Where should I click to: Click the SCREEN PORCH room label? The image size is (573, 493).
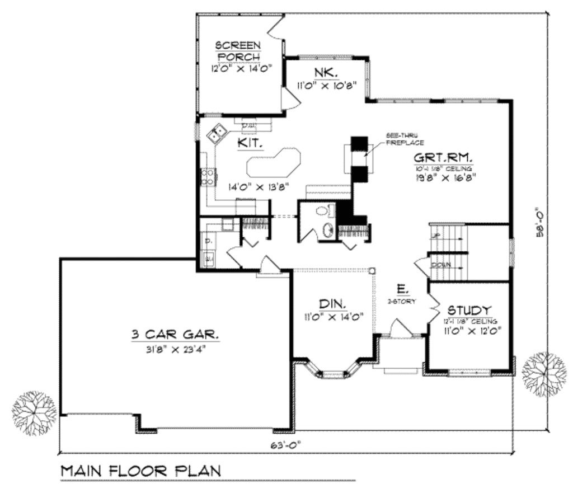point(238,50)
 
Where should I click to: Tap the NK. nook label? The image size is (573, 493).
point(325,73)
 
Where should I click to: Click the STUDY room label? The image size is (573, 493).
point(469,310)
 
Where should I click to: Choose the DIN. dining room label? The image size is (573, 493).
point(332,304)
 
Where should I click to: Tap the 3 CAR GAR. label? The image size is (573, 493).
point(175,335)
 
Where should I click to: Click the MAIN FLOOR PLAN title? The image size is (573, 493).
point(140,471)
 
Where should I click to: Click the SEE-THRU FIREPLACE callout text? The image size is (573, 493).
point(405,140)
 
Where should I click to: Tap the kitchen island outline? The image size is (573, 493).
point(274,163)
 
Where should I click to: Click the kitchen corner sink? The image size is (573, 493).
point(217,133)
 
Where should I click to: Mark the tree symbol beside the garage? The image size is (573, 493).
point(34,414)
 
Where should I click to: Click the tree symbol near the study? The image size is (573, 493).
point(544,374)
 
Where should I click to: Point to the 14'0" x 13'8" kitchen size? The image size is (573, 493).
point(258,187)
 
